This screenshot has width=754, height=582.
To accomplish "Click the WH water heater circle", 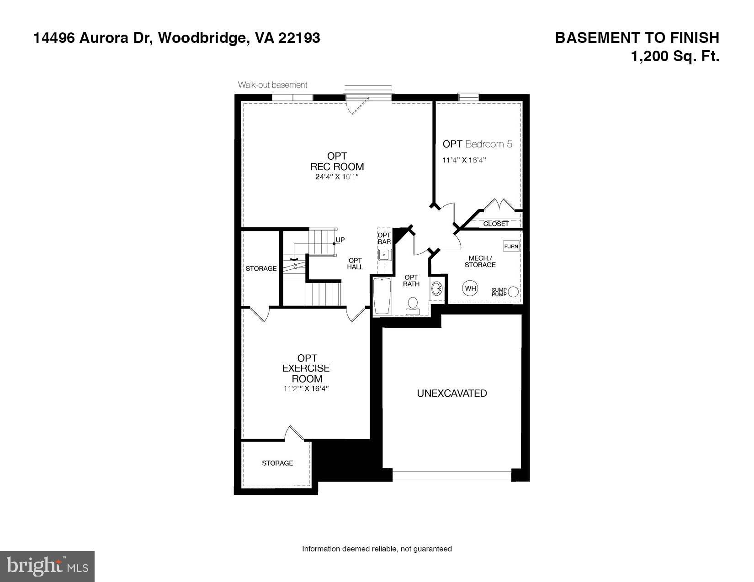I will tap(471, 288).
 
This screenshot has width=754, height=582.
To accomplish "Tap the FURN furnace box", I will tap(511, 246).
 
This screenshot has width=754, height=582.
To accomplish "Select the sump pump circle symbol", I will tap(514, 292).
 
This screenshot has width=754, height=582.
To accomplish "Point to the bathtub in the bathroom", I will tap(382, 295).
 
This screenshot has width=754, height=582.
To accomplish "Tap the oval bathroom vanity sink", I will tap(437, 289).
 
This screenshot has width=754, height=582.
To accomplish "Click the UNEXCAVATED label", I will tap(451, 393).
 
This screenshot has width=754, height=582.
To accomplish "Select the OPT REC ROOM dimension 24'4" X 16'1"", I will tap(337, 177).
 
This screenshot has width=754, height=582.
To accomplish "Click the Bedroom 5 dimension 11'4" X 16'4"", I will tap(464, 160).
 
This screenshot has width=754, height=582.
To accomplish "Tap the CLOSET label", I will tap(496, 224).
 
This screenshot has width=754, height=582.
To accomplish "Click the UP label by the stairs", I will tap(340, 240).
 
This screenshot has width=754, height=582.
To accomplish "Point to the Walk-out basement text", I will tap(272, 85).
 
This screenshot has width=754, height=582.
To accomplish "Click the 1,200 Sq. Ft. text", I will tap(675, 57).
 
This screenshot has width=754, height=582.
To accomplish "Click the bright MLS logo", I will tap(48, 566).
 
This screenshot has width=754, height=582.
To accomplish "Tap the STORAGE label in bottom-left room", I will tap(277, 463).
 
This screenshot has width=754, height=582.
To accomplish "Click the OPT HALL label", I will tap(355, 264).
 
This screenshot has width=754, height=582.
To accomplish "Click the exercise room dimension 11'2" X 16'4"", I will tap(306, 388).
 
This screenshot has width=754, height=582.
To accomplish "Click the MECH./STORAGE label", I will tap(480, 262).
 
